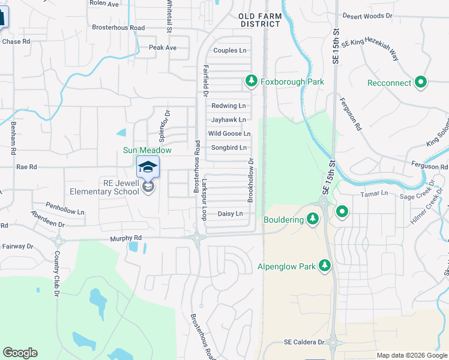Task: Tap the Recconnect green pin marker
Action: [x=421, y=83]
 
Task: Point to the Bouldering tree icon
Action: [x=312, y=220]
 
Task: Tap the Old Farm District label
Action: [x=259, y=20]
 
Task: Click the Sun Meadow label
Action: [x=148, y=151]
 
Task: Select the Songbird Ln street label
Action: [x=229, y=148]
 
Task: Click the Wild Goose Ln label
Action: [x=229, y=134]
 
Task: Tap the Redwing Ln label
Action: [x=229, y=106]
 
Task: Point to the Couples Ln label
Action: [x=230, y=50]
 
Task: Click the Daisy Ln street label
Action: [x=230, y=214]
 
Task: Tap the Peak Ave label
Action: [x=163, y=47]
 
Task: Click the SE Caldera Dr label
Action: [x=304, y=342]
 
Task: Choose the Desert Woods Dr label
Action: [x=366, y=16]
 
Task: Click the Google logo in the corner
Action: [x=20, y=353]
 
